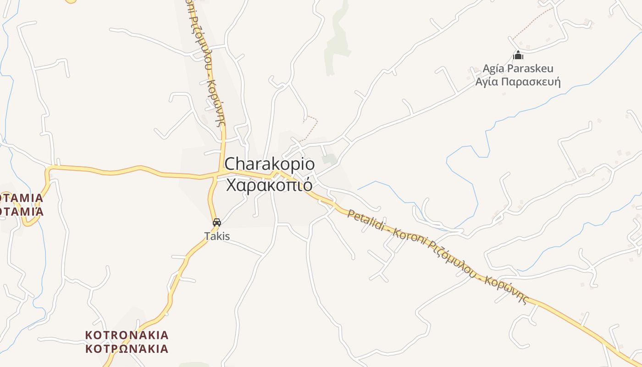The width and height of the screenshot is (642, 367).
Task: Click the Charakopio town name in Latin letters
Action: click(269, 164)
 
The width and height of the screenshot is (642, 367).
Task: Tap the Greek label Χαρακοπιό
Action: click(269, 185)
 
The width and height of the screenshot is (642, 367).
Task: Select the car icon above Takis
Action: click(217, 222)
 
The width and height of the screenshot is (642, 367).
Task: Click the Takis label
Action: click(217, 236)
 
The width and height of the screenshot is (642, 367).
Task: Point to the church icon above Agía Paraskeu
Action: click(518, 56)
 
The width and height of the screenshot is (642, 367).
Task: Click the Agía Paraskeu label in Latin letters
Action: click(518, 69)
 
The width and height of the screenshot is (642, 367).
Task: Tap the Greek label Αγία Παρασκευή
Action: click(518, 82)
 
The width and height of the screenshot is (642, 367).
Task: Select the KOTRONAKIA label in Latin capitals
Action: click(127, 335)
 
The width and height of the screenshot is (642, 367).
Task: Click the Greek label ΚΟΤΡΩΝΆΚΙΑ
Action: click(127, 349)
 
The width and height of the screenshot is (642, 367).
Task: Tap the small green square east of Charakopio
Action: click(328, 159)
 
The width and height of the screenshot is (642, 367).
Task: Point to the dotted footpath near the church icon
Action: click(532, 23)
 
